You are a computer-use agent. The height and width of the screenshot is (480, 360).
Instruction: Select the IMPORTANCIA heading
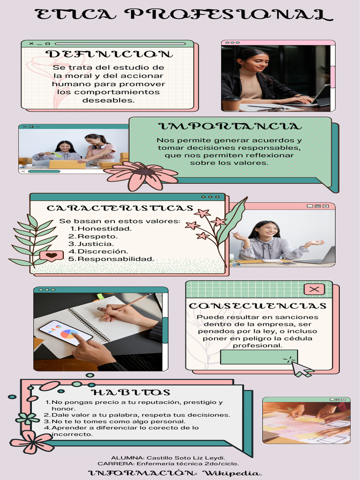pyautogui.click(x=230, y=127)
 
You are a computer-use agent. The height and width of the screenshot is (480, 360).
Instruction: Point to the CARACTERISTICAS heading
pyautogui.click(x=120, y=208)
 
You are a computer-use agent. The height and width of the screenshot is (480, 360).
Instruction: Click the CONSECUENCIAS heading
pyautogui.click(x=257, y=306)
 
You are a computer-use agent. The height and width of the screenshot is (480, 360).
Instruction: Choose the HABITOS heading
pyautogui.click(x=131, y=392)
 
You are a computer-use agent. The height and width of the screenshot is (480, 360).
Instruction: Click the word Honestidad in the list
pyautogui.click(x=104, y=229)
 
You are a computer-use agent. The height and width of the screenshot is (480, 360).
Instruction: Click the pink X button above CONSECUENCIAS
pyautogui.click(x=315, y=289)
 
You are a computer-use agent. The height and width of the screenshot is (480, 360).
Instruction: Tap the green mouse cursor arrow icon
pyautogui.click(x=301, y=369)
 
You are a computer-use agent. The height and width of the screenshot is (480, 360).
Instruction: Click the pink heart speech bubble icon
pyautogui.click(x=51, y=256)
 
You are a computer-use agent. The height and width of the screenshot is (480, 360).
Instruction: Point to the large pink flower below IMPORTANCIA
pyautogui.click(x=141, y=175)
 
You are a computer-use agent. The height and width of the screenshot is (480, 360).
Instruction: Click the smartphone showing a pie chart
pyautogui.click(x=65, y=333)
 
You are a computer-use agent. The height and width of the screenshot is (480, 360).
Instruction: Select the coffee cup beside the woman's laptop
pyautogui.click(x=232, y=104)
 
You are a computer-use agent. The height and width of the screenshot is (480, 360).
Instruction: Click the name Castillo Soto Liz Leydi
pyautogui.click(x=186, y=457)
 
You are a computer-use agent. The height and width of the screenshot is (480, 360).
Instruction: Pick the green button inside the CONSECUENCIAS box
pyautogui.click(x=252, y=357)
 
